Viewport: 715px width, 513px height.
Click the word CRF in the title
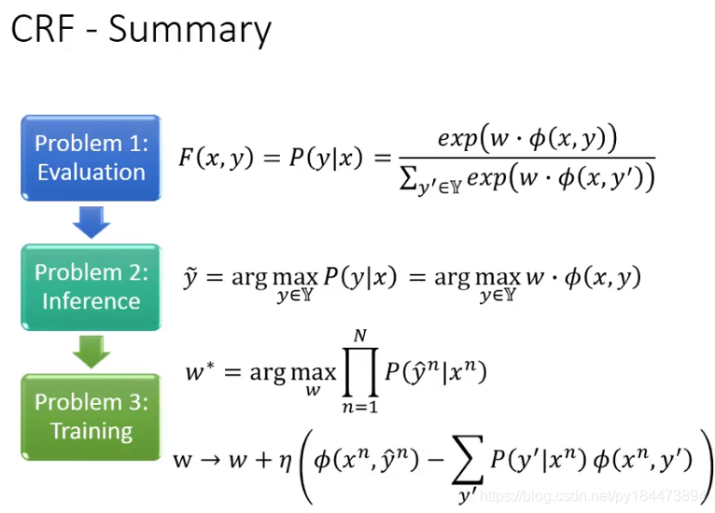click(43, 29)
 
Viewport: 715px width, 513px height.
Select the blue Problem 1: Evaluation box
click(91, 158)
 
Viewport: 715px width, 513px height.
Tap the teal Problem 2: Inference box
click(91, 286)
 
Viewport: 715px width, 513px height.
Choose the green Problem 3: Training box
click(91, 416)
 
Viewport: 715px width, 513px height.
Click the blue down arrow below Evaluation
click(91, 221)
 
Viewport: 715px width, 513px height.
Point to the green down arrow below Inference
click(91, 351)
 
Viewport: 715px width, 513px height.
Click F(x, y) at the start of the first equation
click(216, 158)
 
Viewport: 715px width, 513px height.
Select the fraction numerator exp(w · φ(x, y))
click(526, 139)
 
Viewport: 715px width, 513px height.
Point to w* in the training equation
click(201, 372)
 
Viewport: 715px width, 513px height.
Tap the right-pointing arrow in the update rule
click(215, 460)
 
